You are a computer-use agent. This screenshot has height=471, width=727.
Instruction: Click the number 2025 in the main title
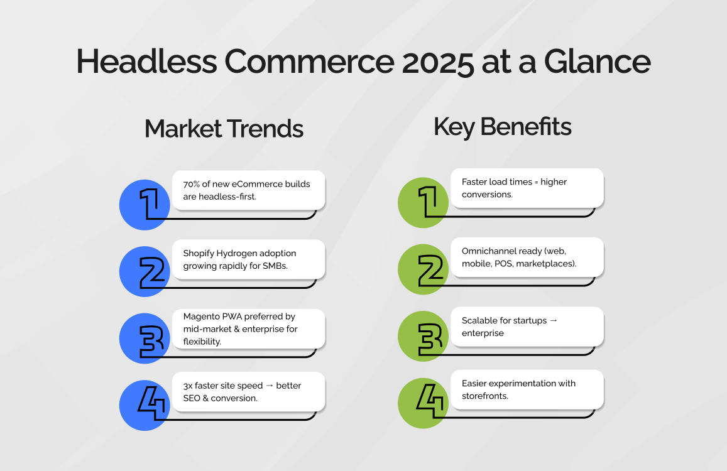point(438,62)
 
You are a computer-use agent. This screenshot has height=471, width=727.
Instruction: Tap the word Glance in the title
point(597,61)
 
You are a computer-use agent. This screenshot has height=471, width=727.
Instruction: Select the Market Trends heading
point(224,128)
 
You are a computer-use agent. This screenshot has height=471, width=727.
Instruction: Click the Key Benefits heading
point(503,127)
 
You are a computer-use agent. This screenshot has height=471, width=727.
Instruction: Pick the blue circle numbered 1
point(145,205)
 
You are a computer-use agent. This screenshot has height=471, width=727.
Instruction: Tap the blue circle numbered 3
point(145,338)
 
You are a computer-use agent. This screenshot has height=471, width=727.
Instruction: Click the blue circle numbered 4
point(145,405)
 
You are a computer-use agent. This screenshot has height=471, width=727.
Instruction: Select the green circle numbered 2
point(424,269)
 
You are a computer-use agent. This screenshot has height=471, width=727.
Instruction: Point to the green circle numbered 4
point(424,403)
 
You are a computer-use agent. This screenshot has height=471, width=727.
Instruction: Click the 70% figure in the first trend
point(191,184)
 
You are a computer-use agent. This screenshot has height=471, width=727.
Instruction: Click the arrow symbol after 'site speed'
point(270,386)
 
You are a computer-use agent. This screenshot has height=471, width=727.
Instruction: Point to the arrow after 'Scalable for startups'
point(553,320)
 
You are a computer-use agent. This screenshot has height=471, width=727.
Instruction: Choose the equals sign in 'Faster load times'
point(537,182)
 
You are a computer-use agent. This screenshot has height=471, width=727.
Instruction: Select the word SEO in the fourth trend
point(192,398)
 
